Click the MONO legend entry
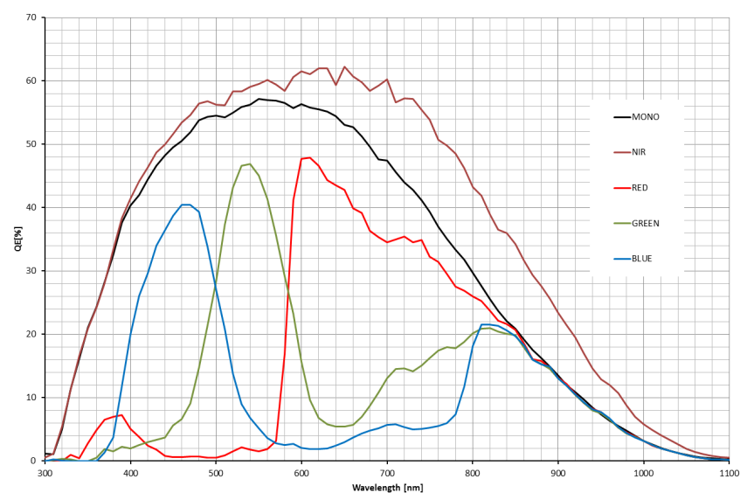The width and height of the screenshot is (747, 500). coord(644,115)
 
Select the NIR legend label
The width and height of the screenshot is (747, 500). coord(640,151)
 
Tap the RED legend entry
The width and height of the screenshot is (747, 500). coord(640,187)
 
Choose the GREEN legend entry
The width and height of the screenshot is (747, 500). coord(645,223)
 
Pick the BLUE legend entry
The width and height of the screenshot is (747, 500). coord(642,258)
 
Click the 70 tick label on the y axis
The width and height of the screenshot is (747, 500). coord(31,17)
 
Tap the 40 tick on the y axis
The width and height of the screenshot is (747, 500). coord(31,207)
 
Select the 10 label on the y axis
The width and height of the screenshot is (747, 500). coord(31,398)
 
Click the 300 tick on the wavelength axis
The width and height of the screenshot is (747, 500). coord(45,472)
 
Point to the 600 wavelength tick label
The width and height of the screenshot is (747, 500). coord(301,472)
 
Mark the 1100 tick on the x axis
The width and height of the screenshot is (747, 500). coord(729,472)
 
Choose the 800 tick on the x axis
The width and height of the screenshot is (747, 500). coord(473,472)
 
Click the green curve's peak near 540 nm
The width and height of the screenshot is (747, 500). coord(250,163)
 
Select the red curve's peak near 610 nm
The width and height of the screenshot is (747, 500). coord(309,157)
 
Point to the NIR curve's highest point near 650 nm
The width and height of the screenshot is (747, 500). coord(344,66)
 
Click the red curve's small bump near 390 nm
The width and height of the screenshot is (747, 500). coord(121,415)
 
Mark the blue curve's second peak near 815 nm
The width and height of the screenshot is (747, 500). coord(485,324)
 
